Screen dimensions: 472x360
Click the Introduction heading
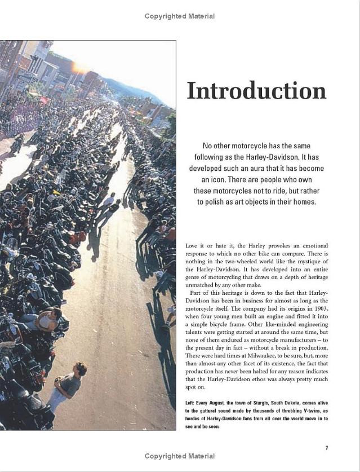(256, 91)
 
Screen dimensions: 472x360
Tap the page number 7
(327, 447)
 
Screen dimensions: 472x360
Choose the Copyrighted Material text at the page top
(180, 16)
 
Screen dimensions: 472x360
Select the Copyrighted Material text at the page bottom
(180, 456)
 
